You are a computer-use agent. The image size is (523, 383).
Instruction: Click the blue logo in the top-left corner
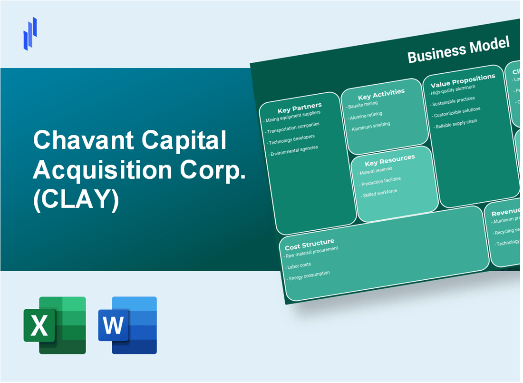(x=30, y=33)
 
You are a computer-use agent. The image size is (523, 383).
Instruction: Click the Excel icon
(x=55, y=325)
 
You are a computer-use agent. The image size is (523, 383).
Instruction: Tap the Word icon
(x=127, y=325)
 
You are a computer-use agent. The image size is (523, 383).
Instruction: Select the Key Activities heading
(x=381, y=93)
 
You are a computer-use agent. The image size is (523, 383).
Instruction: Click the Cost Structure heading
(x=310, y=245)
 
